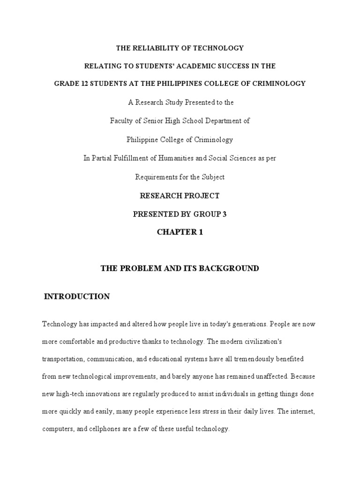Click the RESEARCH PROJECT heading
180,195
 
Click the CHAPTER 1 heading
180,232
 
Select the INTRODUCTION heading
77,296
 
